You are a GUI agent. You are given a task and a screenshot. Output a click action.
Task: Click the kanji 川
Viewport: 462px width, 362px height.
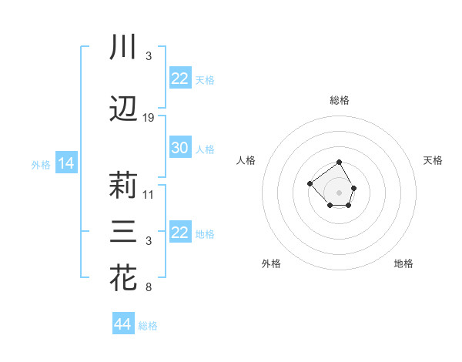pyautogui.click(x=124, y=47)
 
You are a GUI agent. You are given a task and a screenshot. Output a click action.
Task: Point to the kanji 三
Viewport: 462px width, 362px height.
pyautogui.click(x=124, y=232)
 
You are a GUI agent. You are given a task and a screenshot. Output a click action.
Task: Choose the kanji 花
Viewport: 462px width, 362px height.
pyautogui.click(x=124, y=278)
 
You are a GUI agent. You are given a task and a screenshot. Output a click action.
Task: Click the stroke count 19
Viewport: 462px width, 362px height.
pyautogui.click(x=149, y=118)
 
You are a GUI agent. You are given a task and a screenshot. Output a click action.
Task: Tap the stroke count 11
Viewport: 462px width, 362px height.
pyautogui.click(x=149, y=195)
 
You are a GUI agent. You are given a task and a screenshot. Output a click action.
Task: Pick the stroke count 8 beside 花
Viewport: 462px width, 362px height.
pyautogui.click(x=149, y=288)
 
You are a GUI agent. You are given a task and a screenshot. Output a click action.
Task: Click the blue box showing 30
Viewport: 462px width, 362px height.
pyautogui.click(x=179, y=148)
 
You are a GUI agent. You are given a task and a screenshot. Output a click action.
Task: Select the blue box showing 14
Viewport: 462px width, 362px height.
pyautogui.click(x=65, y=163)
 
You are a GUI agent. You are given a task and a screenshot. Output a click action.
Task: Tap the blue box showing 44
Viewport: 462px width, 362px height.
pyautogui.click(x=122, y=324)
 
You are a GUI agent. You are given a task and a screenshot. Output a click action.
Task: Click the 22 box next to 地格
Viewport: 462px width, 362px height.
pyautogui.click(x=179, y=233)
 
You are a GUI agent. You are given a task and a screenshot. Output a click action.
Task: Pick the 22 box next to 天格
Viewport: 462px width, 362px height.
pyautogui.click(x=179, y=79)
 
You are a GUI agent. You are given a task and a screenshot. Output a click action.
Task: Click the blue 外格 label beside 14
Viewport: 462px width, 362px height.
pyautogui.click(x=41, y=164)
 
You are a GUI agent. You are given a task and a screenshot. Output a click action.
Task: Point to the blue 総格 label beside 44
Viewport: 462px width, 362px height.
pyautogui.click(x=148, y=326)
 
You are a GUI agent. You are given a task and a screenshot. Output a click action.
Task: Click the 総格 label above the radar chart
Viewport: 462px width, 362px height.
pyautogui.click(x=340, y=100)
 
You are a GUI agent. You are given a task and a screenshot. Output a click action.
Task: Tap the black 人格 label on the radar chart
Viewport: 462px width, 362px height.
pyautogui.click(x=246, y=160)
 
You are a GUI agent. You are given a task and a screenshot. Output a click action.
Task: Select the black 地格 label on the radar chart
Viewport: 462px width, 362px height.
pyautogui.click(x=403, y=263)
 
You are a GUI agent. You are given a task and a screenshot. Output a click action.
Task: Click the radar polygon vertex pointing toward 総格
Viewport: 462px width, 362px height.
pyautogui.click(x=340, y=163)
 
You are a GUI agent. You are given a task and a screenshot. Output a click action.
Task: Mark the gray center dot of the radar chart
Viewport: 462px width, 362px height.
pyautogui.click(x=340, y=192)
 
